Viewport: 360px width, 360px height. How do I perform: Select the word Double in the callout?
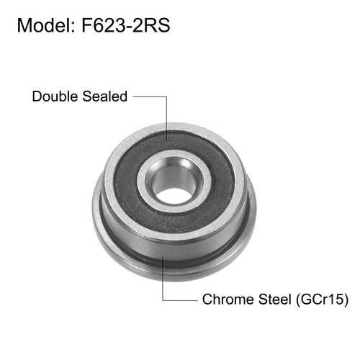tap(53, 96)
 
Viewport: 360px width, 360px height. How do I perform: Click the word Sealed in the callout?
tap(105, 96)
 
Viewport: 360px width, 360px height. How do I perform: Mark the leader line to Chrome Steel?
tap(165, 281)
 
